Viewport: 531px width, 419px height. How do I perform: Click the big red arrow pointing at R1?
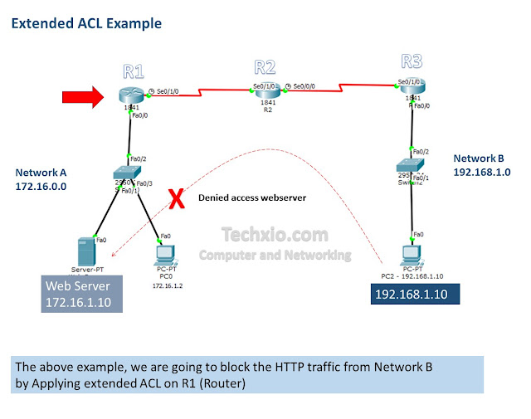point(82,98)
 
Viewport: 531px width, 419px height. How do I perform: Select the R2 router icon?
point(265,90)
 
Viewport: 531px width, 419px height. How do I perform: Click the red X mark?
point(176,198)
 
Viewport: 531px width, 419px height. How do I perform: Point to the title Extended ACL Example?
point(86,23)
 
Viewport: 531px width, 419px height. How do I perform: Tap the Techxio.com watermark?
point(275,236)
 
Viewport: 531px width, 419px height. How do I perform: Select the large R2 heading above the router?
point(265,66)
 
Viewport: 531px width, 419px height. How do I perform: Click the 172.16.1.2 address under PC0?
point(166,285)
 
